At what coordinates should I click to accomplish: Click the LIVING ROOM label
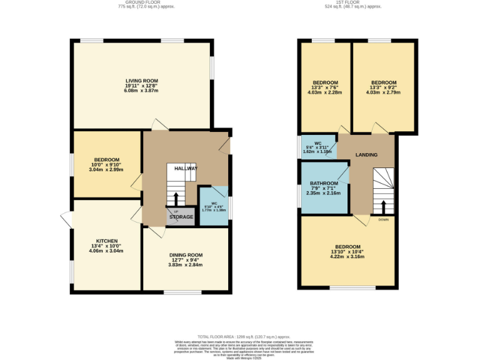(141, 81)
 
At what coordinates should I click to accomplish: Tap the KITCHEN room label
(106, 241)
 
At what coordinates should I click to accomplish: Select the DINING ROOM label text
(186, 255)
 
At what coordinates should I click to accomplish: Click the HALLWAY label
(186, 168)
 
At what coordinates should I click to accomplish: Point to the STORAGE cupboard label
(181, 217)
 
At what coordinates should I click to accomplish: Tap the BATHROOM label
(324, 183)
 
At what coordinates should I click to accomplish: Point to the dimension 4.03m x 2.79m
(383, 92)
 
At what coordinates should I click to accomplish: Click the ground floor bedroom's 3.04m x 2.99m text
(106, 169)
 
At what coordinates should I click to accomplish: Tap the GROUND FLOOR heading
(146, 2)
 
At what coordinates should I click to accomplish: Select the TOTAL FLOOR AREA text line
(241, 337)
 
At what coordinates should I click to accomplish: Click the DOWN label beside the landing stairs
(383, 219)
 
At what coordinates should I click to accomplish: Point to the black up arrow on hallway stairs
(176, 198)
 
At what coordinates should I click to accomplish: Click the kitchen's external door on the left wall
(66, 218)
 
